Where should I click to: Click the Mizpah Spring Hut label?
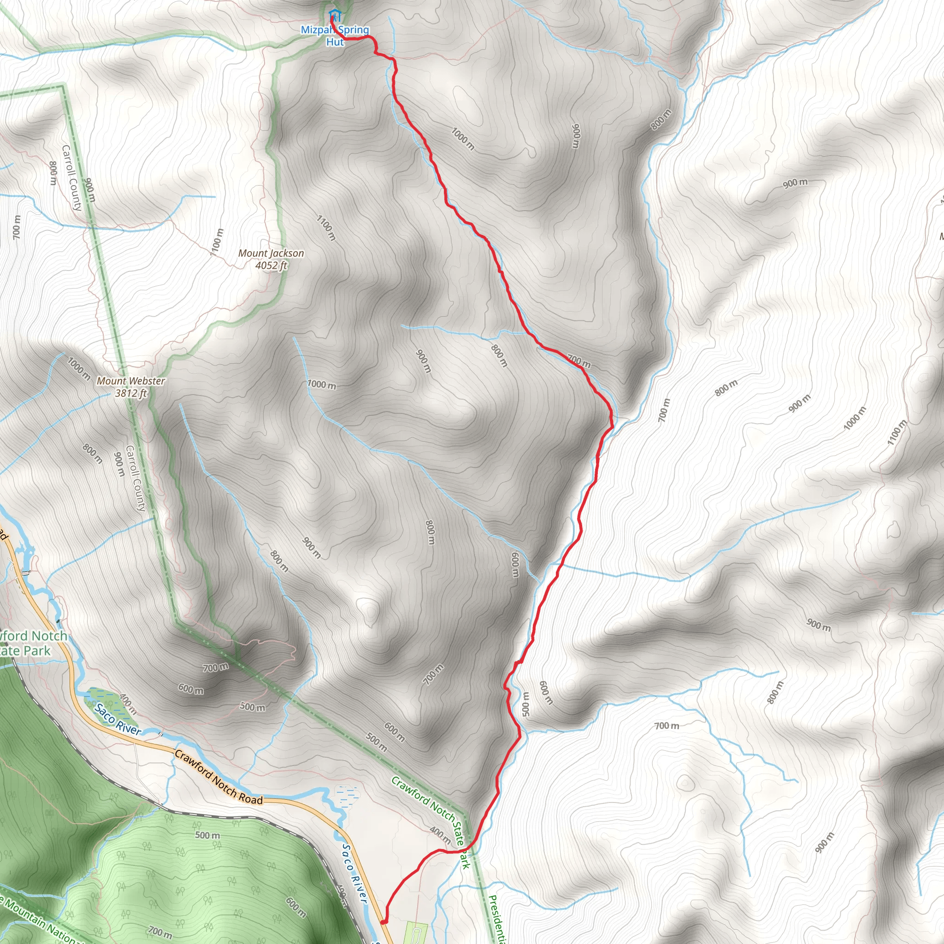tap(335, 35)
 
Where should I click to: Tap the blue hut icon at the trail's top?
tap(334, 15)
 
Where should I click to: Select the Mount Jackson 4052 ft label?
tap(271, 259)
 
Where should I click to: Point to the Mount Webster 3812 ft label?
tap(131, 386)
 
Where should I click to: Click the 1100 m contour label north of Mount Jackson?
tap(326, 228)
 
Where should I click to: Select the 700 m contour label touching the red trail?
tap(579, 361)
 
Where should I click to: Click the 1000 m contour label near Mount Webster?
tap(79, 369)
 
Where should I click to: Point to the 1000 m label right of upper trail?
tap(462, 139)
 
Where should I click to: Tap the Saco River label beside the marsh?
tap(118, 719)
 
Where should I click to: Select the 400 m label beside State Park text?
tap(440, 835)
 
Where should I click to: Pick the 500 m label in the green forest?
tap(208, 835)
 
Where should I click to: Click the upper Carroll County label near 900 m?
tap(72, 178)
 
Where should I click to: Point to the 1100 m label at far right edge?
tap(897, 433)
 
